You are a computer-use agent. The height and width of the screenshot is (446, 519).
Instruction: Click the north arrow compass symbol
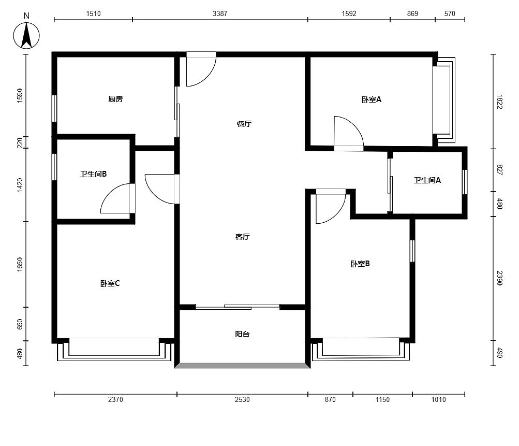[26, 35]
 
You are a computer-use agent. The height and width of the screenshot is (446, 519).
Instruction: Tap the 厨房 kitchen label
[115, 99]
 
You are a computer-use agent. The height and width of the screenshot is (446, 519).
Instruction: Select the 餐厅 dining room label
[244, 124]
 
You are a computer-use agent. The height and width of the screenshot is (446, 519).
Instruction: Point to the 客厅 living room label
[242, 237]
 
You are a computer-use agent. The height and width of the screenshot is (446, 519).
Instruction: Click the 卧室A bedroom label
[372, 99]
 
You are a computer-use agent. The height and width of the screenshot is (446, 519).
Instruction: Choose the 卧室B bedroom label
[360, 264]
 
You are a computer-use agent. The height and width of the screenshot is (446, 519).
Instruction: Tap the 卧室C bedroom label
[110, 284]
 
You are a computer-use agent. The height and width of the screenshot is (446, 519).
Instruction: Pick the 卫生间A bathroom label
[427, 180]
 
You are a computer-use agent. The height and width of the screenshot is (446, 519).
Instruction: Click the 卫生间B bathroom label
[93, 174]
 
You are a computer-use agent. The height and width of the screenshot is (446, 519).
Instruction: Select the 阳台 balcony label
[242, 334]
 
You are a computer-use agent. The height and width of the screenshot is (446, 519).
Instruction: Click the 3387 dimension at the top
[220, 13]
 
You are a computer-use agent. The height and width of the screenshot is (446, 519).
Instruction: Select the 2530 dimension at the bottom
[242, 399]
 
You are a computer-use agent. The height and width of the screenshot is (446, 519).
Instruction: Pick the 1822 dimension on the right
[499, 102]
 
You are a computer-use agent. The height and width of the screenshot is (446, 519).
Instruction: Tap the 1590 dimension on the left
[20, 95]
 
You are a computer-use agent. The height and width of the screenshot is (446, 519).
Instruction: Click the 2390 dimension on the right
[499, 278]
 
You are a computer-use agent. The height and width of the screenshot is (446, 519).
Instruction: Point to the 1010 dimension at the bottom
[439, 399]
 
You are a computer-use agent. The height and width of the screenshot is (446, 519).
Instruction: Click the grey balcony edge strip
[242, 366]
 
